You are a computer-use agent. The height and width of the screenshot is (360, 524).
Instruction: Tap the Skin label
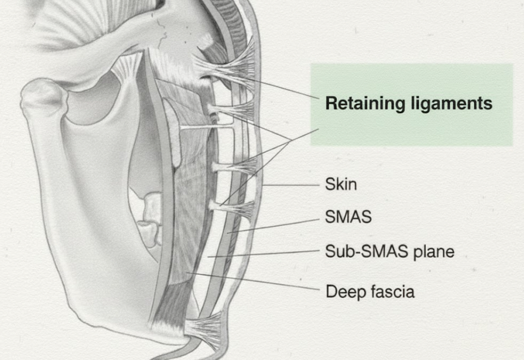pyautogui.click(x=341, y=184)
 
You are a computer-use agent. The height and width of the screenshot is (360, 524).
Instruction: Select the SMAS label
pyautogui.click(x=348, y=217)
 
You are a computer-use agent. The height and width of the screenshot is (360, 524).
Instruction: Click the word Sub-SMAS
pyautogui.click(x=367, y=251)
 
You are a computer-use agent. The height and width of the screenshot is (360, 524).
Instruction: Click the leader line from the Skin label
pyautogui.click(x=291, y=185)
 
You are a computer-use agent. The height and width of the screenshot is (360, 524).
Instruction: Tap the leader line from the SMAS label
pyautogui.click(x=273, y=226)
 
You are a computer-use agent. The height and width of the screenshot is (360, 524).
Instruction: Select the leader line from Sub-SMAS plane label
pyautogui.click(x=263, y=253)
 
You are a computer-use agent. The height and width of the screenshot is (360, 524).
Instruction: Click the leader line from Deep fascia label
pyautogui.click(x=253, y=281)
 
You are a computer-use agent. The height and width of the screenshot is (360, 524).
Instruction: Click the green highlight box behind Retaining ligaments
pyautogui.click(x=411, y=105)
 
